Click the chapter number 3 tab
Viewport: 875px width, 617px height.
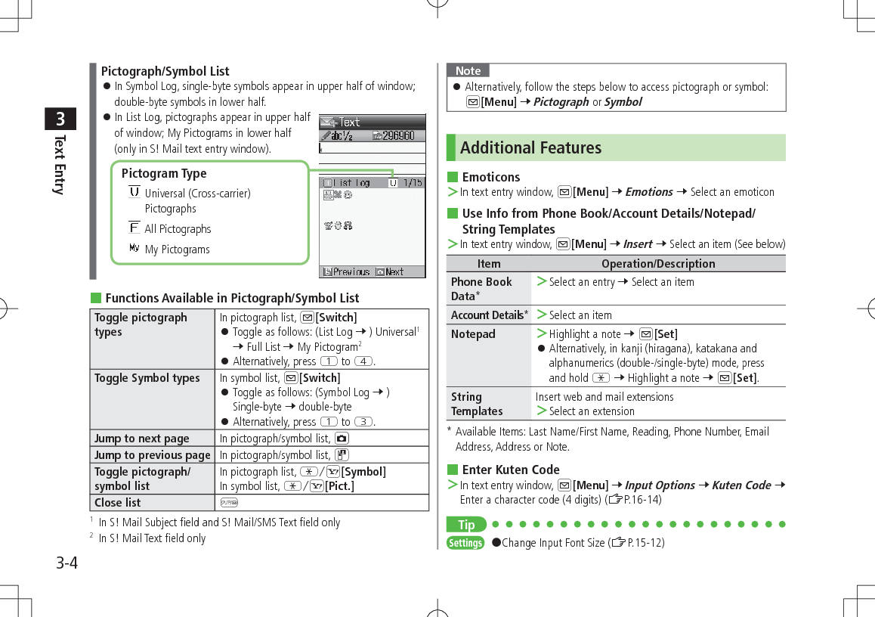coord(60,119)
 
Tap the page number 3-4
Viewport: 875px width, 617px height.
coord(66,563)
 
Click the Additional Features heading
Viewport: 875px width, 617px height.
coord(530,147)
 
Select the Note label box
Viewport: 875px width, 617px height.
coord(468,70)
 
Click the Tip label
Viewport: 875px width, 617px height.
coord(466,525)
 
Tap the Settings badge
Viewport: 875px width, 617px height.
coord(465,543)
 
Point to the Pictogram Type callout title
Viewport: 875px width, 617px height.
coord(164,173)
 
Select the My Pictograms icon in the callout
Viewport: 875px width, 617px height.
coord(134,248)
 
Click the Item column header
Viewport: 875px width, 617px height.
coord(489,264)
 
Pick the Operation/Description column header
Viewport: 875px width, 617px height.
coord(657,264)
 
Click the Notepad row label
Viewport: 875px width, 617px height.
coord(473,334)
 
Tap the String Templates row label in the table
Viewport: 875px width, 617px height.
coord(477,404)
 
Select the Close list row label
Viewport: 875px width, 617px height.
coord(118,503)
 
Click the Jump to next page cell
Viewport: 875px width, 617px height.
coord(142,439)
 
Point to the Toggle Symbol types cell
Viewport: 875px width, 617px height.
coord(147,378)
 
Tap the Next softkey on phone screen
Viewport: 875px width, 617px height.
coord(390,271)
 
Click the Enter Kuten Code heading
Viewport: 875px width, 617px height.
coord(511,470)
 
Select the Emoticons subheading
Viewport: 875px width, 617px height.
coord(491,177)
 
